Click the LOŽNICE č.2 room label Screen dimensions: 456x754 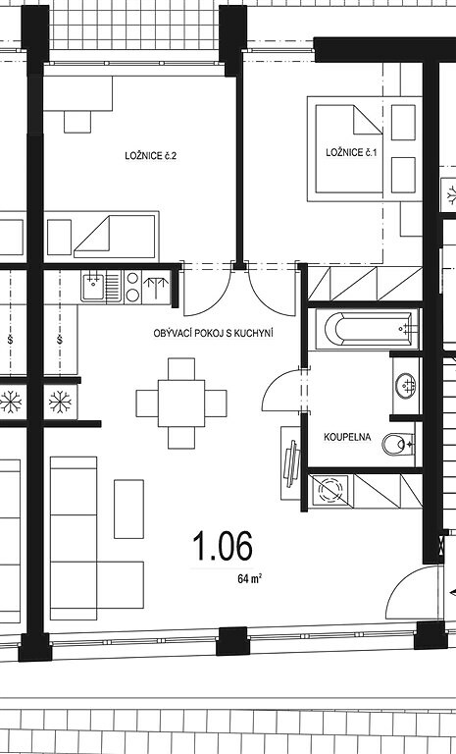coord(150,156)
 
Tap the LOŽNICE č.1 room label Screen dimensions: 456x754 coord(351,153)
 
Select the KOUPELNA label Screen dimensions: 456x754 coord(347,437)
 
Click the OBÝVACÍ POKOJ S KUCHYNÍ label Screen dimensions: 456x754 coord(214,333)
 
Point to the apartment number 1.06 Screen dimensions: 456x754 coord(223,546)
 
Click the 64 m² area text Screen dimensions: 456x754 coord(249,578)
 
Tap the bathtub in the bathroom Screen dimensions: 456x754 coord(368,329)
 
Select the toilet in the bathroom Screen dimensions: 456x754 coord(398,444)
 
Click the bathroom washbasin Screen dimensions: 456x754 coord(407,385)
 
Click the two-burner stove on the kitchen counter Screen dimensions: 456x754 coord(132,287)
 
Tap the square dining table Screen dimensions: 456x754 coord(181,404)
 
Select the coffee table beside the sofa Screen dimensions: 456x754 coord(128,509)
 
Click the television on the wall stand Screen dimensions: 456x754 coord(292,463)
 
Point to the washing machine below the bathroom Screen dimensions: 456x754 coord(330,491)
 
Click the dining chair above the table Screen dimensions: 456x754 coord(181,369)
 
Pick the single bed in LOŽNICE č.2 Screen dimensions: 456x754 coord(102,237)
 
